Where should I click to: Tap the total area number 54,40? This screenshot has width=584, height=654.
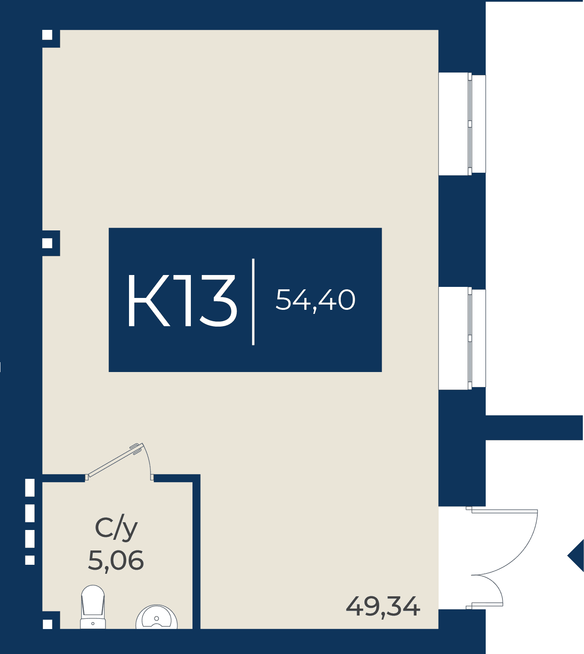point(315,300)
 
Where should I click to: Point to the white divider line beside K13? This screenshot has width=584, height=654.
point(254,302)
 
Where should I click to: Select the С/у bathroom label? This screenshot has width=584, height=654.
point(116,529)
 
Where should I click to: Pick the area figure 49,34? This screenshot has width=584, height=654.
point(383,607)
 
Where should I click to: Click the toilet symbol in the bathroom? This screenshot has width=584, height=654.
point(93,607)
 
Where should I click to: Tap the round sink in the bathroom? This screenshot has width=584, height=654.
point(156,617)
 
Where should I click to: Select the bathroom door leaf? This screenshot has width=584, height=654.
point(115,460)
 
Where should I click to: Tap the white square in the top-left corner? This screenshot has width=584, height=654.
point(48,35)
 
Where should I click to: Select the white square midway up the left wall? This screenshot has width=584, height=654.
point(48,243)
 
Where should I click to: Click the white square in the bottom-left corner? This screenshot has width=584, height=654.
point(48,624)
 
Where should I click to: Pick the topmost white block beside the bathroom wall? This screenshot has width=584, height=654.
point(30,487)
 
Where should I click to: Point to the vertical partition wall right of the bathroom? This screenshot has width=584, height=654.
point(197,552)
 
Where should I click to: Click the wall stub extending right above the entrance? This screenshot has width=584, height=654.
point(534,428)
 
